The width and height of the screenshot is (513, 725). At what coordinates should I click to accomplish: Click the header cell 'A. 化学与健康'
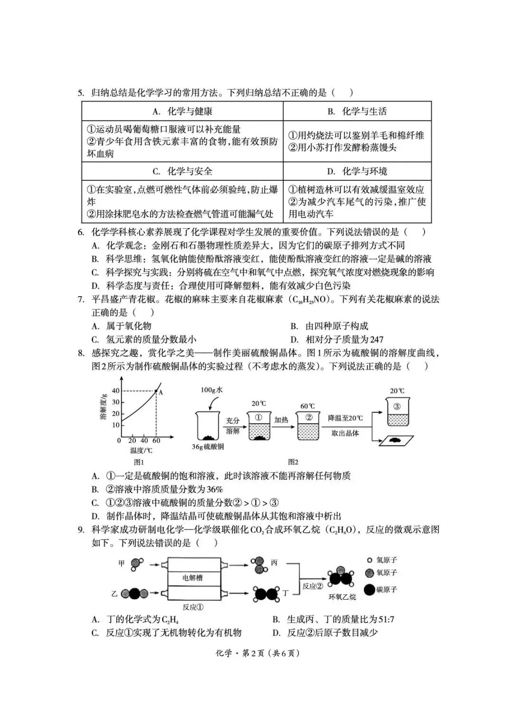pyautogui.click(x=182, y=112)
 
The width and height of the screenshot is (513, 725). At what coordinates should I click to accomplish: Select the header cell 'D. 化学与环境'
pyautogui.click(x=357, y=171)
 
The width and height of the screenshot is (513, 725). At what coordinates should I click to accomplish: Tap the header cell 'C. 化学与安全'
pyautogui.click(x=182, y=171)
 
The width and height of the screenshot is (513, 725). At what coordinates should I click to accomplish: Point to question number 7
pyautogui.click(x=81, y=299)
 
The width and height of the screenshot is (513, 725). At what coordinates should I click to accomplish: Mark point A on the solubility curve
pyautogui.click(x=157, y=391)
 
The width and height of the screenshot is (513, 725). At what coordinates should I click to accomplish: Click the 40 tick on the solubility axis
pyautogui.click(x=115, y=391)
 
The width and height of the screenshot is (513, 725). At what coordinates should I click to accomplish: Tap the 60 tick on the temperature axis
pyautogui.click(x=156, y=441)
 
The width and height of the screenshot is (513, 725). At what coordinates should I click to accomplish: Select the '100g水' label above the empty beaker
pyautogui.click(x=211, y=390)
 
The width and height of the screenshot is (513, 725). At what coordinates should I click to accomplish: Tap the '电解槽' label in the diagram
pyautogui.click(x=192, y=578)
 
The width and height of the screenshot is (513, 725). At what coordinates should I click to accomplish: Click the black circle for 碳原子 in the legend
pyautogui.click(x=369, y=590)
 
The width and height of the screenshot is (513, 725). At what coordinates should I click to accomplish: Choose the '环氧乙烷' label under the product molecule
pyautogui.click(x=342, y=597)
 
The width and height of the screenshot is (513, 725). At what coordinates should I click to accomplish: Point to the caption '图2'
pyautogui.click(x=293, y=462)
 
